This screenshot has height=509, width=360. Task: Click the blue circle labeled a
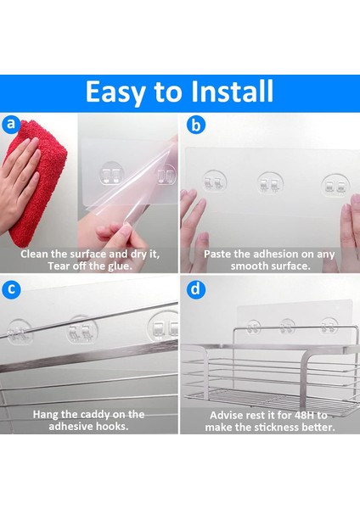(11, 124)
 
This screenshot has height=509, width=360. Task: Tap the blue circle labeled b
(196, 125)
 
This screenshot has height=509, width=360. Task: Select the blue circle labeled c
(11, 289)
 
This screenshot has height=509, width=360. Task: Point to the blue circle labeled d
(195, 289)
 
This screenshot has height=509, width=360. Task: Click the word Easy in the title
(115, 92)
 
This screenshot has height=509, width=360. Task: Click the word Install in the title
(232, 92)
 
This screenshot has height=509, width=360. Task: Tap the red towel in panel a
(38, 182)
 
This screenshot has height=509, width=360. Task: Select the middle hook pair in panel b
(270, 183)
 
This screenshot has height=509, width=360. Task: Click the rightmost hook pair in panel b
(335, 185)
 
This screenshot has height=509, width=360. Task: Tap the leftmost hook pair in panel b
(215, 182)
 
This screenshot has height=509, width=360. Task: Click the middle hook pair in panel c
(82, 330)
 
